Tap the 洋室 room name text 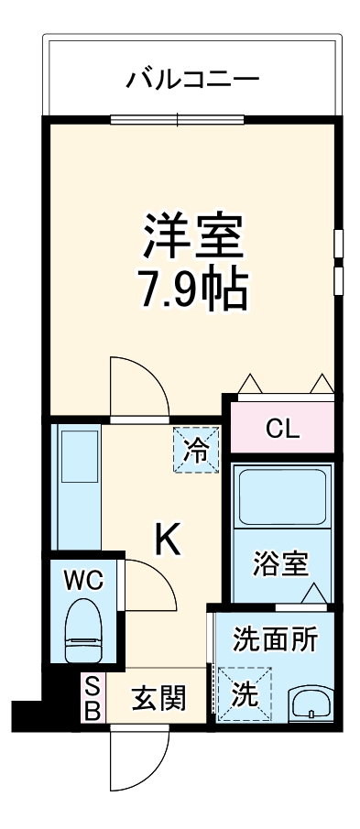point(192,235)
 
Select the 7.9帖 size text point(192,289)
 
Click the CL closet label point(283,427)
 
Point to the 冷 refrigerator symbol point(197,450)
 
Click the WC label point(83,579)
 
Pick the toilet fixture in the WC point(84,629)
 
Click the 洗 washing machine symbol point(244,694)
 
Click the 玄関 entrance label point(158,698)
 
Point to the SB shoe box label point(92,699)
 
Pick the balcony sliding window point(179,117)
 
